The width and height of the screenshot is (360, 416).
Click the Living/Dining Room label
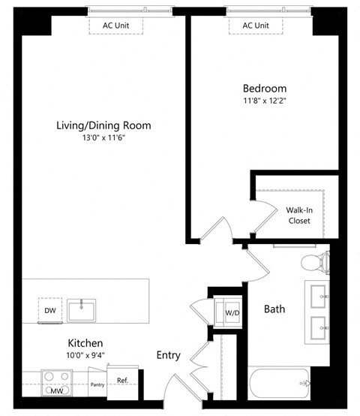pos(103,125)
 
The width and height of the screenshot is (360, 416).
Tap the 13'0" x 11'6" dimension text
pos(103,138)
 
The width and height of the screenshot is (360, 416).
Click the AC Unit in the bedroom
pos(256,26)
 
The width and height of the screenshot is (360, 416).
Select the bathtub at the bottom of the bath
pos(280,387)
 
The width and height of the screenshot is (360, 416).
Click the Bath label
pos(274,309)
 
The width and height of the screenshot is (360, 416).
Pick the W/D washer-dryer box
pos(229,312)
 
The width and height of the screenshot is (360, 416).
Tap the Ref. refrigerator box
pos(121,380)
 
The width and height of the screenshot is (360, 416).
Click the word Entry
pos(168,355)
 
